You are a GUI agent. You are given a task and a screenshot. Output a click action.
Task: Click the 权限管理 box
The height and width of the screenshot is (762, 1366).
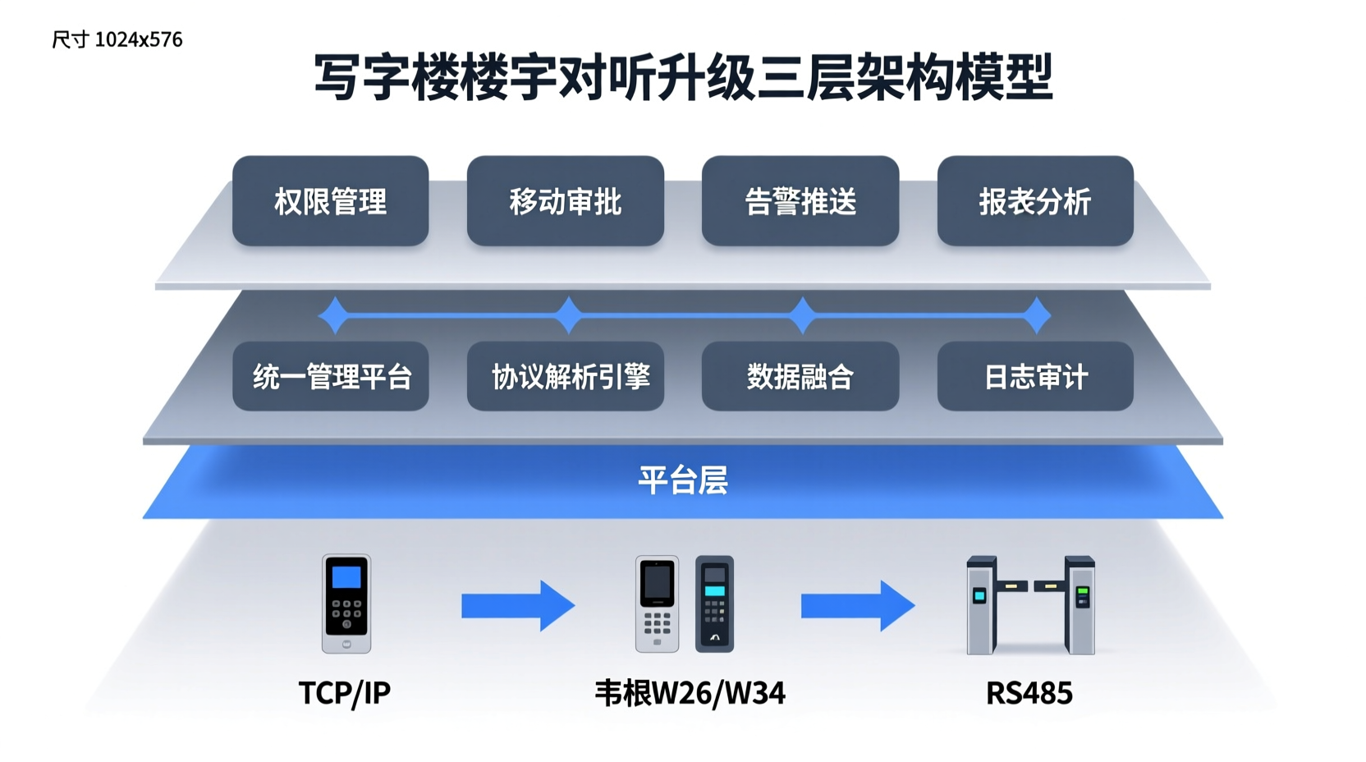coord(330,201)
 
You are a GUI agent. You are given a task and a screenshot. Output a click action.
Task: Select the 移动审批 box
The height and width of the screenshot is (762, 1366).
coord(565,201)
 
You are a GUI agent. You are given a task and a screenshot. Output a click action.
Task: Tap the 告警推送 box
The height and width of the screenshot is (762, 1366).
coord(800,201)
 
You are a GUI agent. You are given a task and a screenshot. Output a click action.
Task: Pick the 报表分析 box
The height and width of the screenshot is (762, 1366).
coord(1034,201)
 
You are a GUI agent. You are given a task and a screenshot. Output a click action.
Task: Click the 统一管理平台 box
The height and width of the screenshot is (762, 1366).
coord(330,377)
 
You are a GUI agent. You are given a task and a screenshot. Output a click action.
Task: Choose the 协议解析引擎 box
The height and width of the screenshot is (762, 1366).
coord(565,377)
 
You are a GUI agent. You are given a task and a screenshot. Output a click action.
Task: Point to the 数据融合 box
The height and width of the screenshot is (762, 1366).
coord(800,377)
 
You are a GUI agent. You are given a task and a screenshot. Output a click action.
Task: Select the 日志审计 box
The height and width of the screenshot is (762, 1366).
coord(1034,377)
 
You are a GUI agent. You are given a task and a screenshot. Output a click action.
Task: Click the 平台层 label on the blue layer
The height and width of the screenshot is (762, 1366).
coord(682,480)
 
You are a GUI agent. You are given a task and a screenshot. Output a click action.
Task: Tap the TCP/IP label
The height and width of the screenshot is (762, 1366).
coord(345,693)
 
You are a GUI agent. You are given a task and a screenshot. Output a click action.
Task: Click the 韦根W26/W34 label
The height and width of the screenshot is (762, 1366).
coord(690,693)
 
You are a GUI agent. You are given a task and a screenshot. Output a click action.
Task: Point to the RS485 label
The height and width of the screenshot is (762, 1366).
coord(1029,693)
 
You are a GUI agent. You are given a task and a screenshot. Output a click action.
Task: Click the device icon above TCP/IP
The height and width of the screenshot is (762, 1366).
coord(346,604)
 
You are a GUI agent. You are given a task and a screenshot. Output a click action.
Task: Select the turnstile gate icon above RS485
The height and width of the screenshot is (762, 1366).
coord(1030,605)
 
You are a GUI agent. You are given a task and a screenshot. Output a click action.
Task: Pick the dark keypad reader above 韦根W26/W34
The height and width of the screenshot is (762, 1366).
coord(714,604)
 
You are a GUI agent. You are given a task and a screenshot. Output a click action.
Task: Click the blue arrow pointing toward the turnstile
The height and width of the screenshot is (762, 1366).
coord(857,606)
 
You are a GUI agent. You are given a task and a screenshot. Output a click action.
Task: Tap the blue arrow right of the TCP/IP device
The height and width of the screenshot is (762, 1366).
coord(517,606)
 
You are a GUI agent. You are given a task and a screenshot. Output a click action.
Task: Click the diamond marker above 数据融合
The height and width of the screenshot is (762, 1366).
coord(802,315)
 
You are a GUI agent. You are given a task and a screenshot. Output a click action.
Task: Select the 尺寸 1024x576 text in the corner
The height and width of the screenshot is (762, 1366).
coord(117,39)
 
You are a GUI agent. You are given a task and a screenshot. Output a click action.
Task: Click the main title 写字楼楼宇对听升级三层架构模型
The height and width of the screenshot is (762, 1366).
coord(683,78)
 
